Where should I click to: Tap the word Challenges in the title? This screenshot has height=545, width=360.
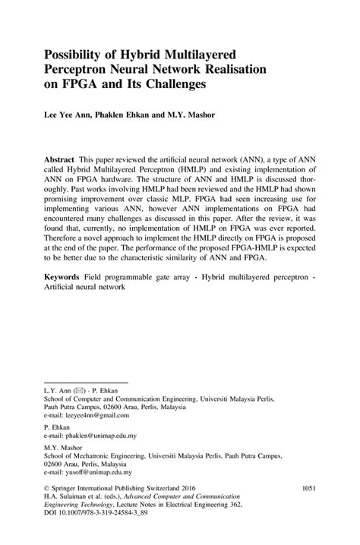(172, 85)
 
